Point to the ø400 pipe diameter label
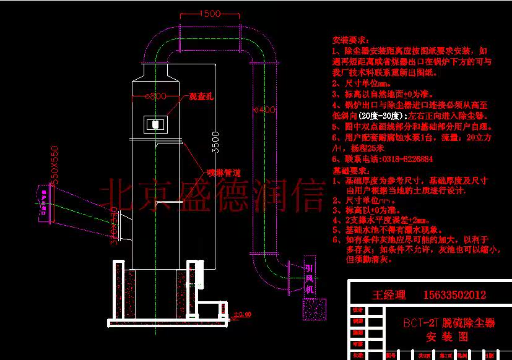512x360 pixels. (264, 109)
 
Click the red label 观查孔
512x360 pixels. (201, 97)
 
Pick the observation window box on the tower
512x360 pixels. (154, 124)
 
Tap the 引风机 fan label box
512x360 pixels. (310, 278)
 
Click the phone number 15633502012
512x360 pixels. (454, 295)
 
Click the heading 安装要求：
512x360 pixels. (352, 38)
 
